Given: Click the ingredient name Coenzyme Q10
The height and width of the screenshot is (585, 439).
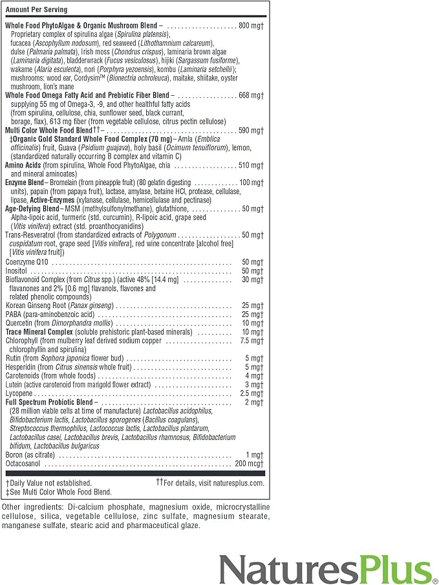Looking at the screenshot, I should (28, 261).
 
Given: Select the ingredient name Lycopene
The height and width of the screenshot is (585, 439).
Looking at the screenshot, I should (20, 393).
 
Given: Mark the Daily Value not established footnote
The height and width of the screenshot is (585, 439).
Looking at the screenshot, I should (49, 483).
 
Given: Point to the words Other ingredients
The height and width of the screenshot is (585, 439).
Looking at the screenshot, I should (31, 507).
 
